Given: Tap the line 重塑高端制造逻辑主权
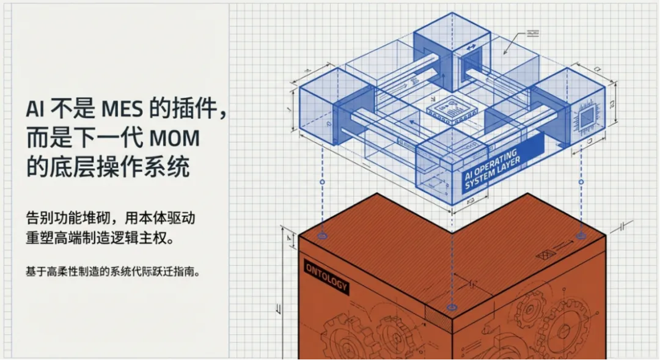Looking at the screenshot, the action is click(x=100, y=237).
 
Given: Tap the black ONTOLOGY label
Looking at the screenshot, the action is click(x=326, y=276).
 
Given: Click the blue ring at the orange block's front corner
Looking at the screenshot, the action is click(x=452, y=306).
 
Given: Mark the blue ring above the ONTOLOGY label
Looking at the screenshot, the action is click(x=323, y=235).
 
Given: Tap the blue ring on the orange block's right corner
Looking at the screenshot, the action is click(x=580, y=235).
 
